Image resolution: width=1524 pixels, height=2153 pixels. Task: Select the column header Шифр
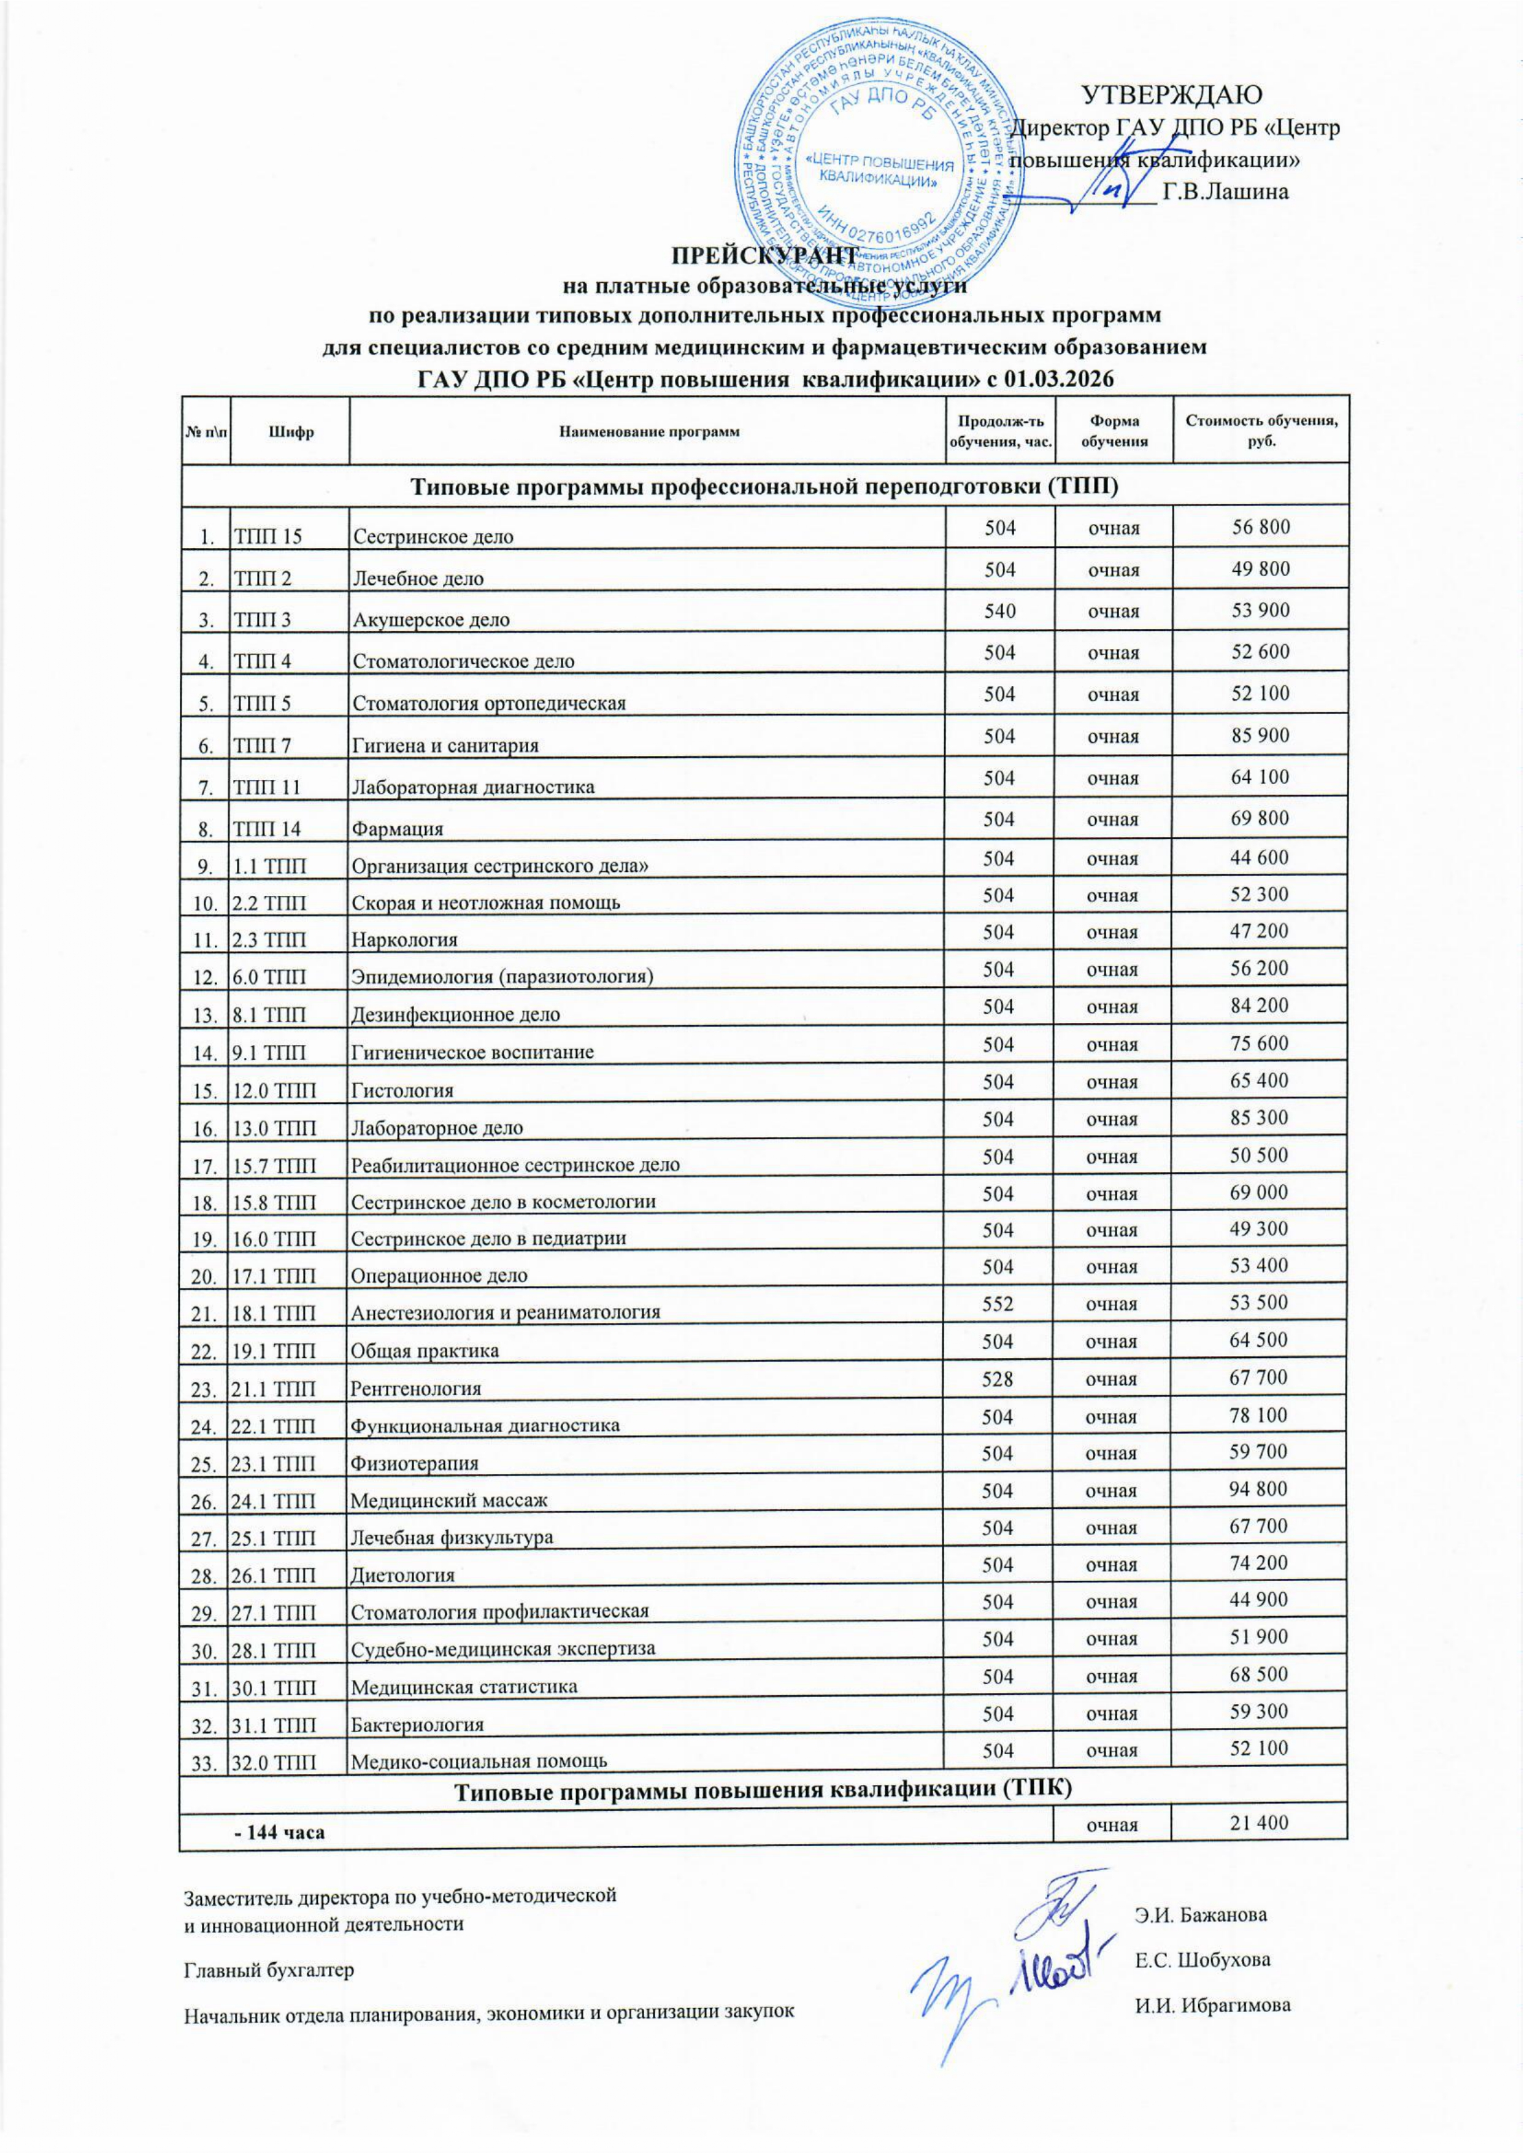pos(290,432)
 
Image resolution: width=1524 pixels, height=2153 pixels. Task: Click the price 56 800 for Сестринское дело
pos(1260,526)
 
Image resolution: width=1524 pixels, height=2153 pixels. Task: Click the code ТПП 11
pos(267,787)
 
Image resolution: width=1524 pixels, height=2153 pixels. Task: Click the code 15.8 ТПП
pos(274,1202)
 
